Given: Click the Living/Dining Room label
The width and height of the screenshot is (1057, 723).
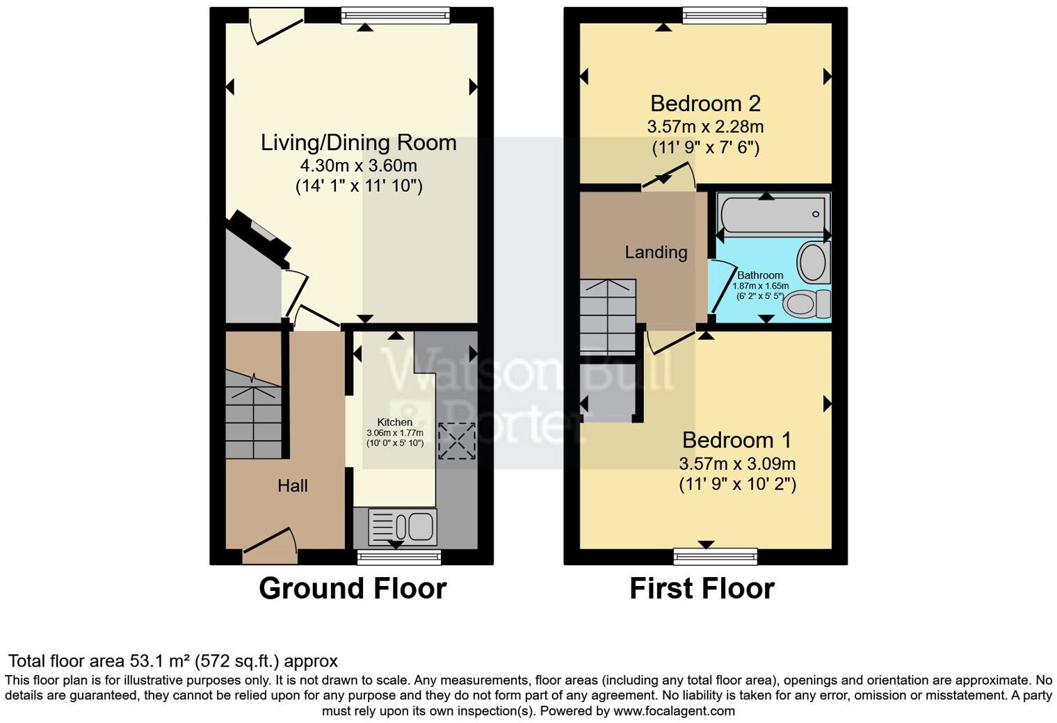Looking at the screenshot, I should click(358, 143).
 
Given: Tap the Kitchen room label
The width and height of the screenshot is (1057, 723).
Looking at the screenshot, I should click(394, 422).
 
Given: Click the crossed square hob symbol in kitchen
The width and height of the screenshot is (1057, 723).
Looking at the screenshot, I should click(457, 441).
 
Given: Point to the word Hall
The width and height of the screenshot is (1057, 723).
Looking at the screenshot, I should click(292, 486).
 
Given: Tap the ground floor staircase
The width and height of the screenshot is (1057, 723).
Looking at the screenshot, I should click(253, 414).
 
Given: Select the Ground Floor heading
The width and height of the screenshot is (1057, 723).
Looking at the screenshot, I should click(353, 589).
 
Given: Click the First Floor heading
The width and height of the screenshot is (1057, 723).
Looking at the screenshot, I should click(702, 589).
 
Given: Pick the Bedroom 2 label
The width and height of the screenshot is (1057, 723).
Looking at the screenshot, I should click(705, 104).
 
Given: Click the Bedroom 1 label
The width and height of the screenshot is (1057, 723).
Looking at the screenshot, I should click(737, 440).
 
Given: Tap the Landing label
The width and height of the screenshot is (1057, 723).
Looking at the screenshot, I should click(656, 252).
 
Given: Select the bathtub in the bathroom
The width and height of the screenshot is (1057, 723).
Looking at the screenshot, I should click(773, 214).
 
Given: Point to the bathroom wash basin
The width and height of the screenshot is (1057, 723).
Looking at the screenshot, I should click(812, 262).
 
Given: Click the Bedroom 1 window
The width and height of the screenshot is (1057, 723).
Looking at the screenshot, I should click(715, 555).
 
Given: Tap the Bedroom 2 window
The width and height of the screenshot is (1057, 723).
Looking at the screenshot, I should click(724, 15).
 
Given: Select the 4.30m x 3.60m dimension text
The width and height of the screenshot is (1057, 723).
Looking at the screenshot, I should click(358, 165).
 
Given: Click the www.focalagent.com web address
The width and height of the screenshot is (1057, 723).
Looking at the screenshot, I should click(674, 711).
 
